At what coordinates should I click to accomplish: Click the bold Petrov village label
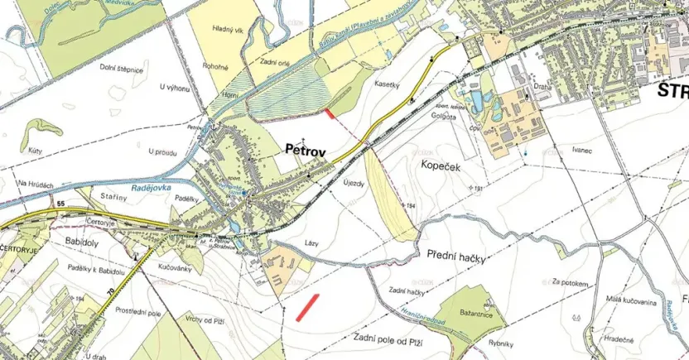click(305, 151)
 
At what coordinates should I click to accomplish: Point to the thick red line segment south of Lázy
click(307, 306)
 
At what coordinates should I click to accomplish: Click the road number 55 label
click(61, 203)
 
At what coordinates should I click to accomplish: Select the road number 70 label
click(109, 292)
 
